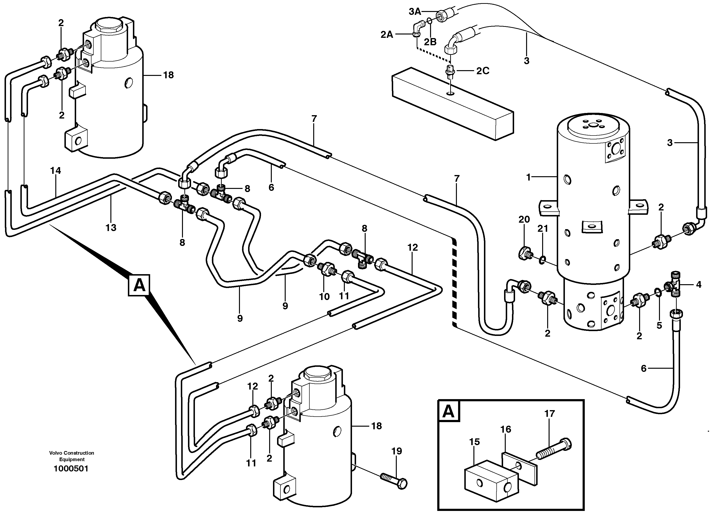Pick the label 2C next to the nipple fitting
point(483,71)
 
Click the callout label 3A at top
point(415,11)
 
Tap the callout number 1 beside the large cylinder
point(528,177)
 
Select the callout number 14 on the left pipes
point(55,171)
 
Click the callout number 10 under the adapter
point(324,296)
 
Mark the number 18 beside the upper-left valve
point(168,75)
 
